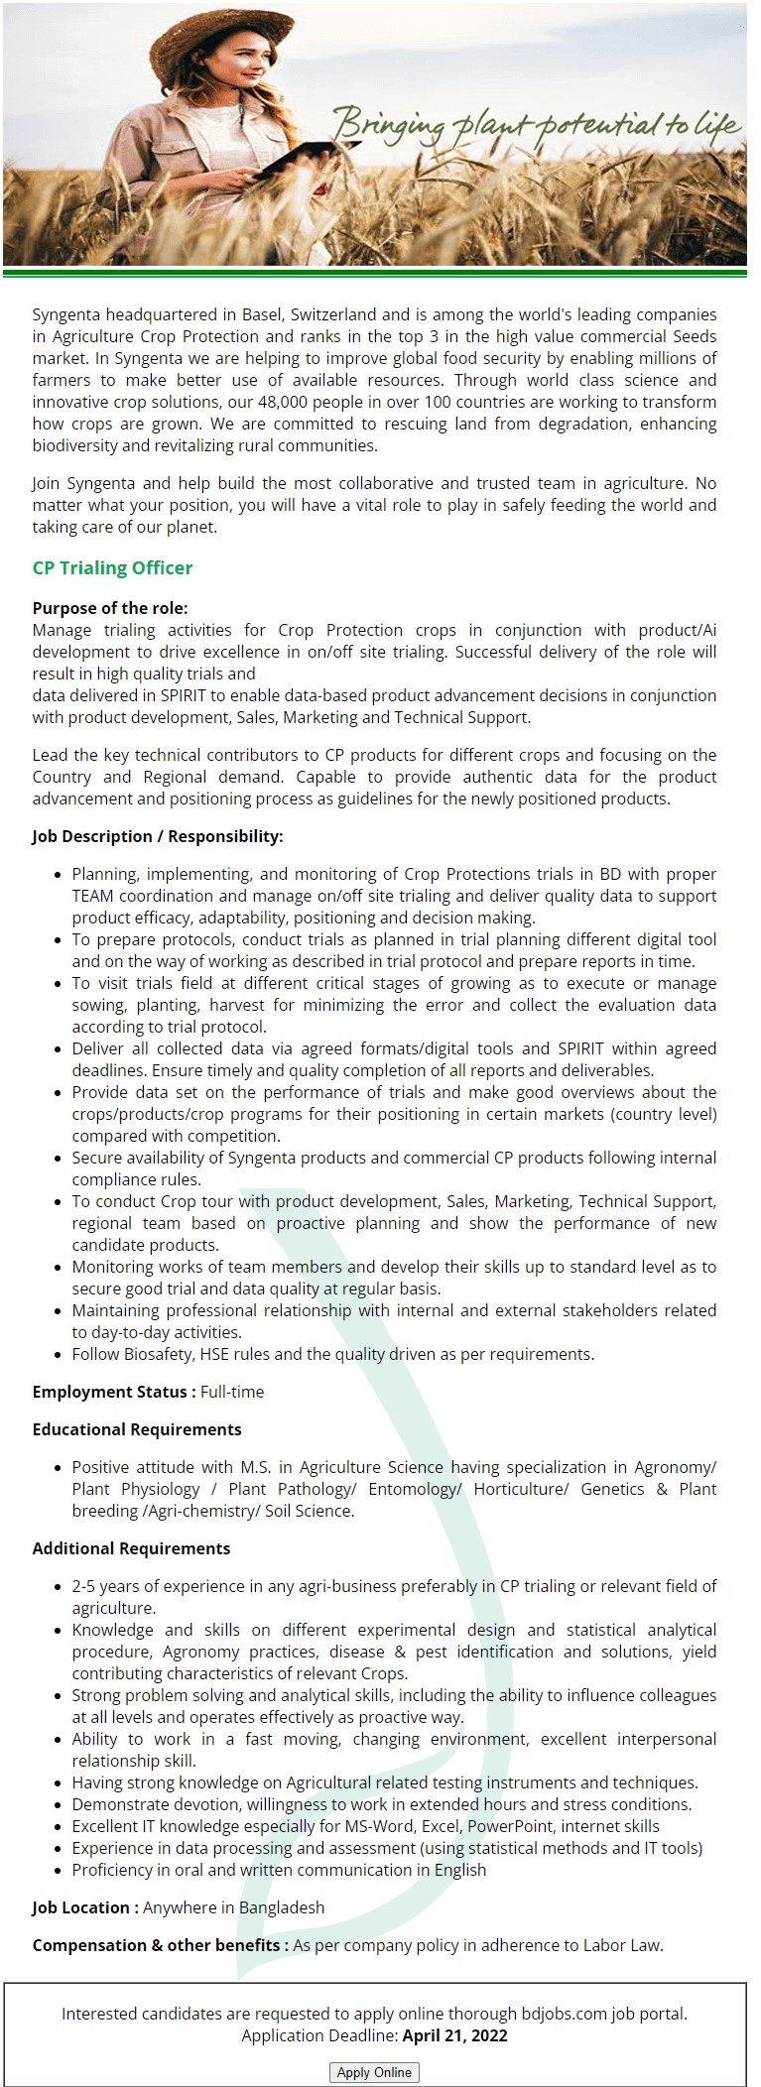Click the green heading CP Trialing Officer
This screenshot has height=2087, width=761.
click(112, 568)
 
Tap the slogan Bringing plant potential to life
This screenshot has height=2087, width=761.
click(536, 125)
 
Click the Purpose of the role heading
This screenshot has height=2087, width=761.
click(109, 608)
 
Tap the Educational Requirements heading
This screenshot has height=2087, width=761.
click(137, 1429)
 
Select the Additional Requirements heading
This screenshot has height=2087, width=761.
click(131, 1548)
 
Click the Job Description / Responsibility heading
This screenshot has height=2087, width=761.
click(157, 836)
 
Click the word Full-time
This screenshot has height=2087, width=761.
click(232, 1392)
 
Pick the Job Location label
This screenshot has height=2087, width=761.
click(84, 1907)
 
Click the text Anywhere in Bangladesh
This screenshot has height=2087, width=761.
click(233, 1907)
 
